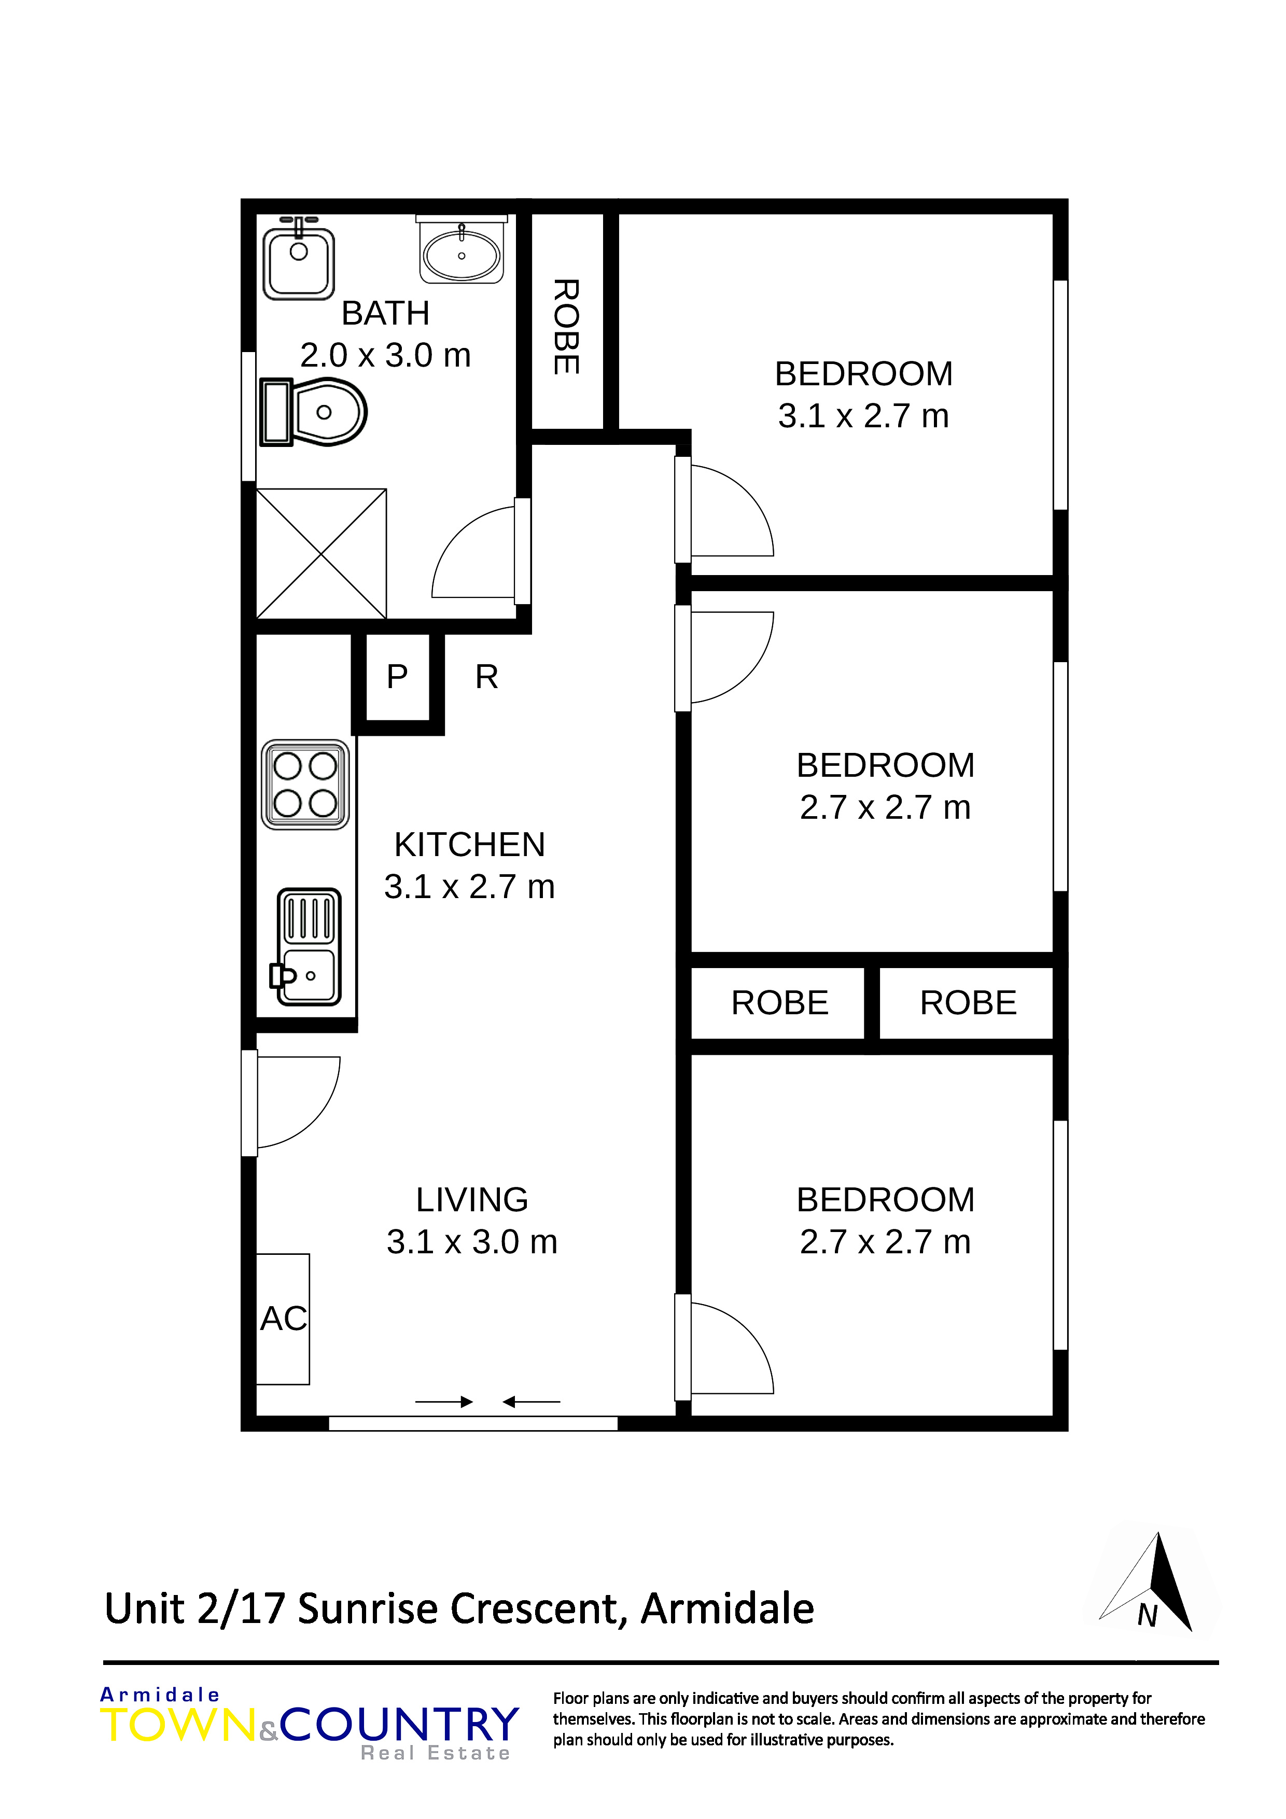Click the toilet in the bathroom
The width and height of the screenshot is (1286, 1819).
(313, 412)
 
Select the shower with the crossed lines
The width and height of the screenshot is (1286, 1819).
(321, 554)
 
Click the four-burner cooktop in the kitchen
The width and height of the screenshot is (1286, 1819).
(305, 785)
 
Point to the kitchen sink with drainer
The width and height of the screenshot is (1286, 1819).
(307, 947)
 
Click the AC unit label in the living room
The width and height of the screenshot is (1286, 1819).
(284, 1319)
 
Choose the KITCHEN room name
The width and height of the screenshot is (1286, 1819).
(470, 845)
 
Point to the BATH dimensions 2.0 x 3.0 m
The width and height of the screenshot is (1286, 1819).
(386, 355)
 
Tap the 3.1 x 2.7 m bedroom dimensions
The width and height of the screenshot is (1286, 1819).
(864, 416)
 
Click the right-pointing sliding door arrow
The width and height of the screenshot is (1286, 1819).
(444, 1402)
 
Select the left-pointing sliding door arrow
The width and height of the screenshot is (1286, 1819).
(532, 1402)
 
